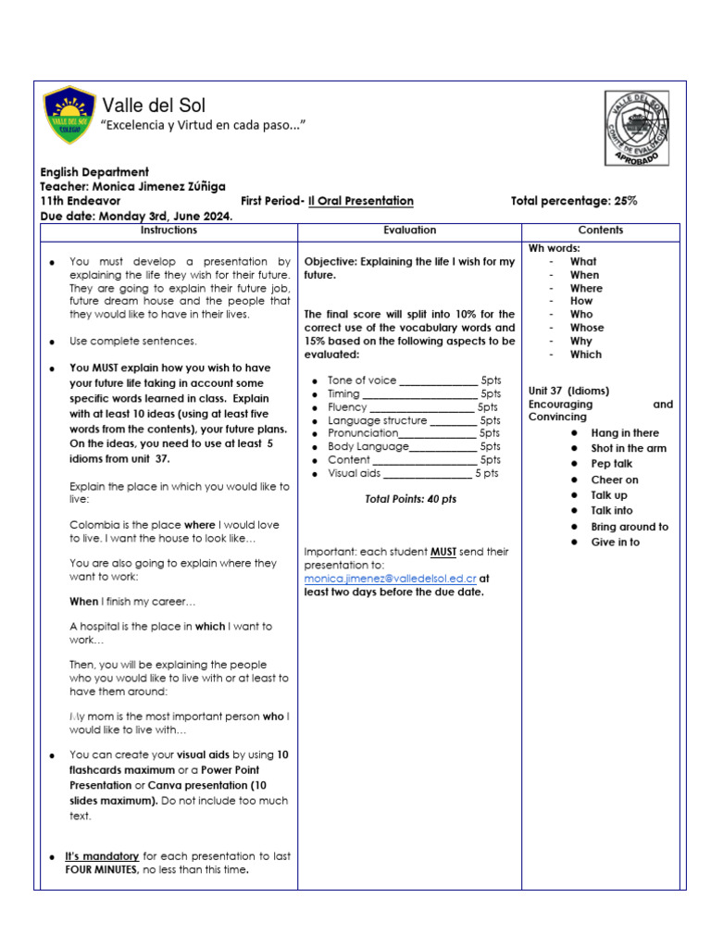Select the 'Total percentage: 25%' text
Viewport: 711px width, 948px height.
coord(573,201)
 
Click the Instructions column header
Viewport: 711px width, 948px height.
coord(168,230)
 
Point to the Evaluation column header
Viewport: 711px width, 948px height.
coord(409,230)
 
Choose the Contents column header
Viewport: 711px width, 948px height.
coord(600,230)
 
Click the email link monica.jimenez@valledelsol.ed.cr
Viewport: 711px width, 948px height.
coord(390,579)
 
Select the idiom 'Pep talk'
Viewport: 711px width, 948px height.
coord(611,464)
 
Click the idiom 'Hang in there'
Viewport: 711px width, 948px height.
coord(625,432)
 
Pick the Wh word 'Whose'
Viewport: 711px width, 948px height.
coord(586,328)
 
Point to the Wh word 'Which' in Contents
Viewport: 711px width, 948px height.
coord(585,355)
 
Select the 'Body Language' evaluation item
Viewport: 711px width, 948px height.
coord(368,446)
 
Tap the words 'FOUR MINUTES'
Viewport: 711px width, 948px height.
coord(102,871)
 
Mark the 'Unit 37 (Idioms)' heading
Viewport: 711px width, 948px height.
coord(568,391)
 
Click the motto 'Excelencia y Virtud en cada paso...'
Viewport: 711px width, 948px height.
coord(204,125)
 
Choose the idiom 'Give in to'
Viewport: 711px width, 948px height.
coord(615,542)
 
